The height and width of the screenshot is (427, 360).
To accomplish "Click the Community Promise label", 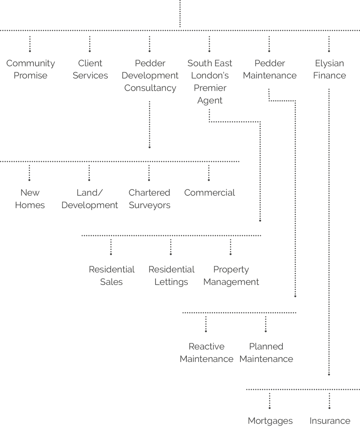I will click(x=31, y=69).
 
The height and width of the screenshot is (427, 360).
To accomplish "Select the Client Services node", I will click(x=90, y=69).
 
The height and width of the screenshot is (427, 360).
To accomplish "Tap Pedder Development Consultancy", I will click(x=150, y=75).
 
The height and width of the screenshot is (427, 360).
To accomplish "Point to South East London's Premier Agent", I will click(x=210, y=82).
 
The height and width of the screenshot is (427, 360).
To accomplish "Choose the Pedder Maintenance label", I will click(x=270, y=69).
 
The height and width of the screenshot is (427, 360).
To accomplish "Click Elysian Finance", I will click(x=329, y=69).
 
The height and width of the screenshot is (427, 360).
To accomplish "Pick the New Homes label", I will click(x=30, y=199).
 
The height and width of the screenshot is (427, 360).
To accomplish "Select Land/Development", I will click(x=90, y=199).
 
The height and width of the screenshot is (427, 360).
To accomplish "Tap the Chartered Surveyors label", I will click(x=149, y=199).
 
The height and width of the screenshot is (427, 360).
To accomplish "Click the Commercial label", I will click(x=210, y=193).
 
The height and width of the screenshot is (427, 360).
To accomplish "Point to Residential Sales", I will click(x=111, y=276).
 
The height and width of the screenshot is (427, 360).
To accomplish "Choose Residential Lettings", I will click(x=171, y=276).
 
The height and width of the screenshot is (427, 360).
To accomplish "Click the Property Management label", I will click(x=231, y=276).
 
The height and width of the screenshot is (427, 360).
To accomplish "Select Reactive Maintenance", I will click(x=206, y=353).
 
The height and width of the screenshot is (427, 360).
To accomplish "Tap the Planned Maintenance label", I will click(x=266, y=353).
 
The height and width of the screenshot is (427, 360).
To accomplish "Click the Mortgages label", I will click(x=270, y=421).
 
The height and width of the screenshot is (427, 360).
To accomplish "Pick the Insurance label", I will click(x=330, y=421).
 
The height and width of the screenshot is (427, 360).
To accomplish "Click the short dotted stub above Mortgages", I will click(x=270, y=401).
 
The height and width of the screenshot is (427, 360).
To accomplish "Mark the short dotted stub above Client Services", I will click(x=90, y=44).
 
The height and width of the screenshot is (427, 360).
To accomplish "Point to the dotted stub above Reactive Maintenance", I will click(x=206, y=324).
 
